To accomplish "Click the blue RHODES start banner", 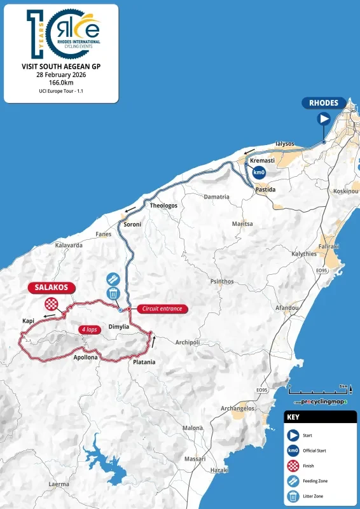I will click(324, 103).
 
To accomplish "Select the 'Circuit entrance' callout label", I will click(162, 309).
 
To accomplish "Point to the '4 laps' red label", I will click(92, 330).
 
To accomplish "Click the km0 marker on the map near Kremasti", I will click(258, 172).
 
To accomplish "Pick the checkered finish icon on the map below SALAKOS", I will click(50, 305).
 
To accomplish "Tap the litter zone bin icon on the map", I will click(113, 293).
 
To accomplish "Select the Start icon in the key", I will click(293, 436).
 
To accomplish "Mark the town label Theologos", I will click(163, 206).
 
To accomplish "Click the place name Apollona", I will click(86, 358).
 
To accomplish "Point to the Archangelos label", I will click(237, 408).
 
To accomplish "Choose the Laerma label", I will click(59, 484).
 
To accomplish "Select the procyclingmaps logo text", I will click(320, 403).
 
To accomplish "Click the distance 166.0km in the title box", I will click(61, 83).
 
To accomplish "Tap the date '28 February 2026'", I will click(61, 74).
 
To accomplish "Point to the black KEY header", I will click(319, 418).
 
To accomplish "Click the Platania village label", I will click(144, 362).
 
